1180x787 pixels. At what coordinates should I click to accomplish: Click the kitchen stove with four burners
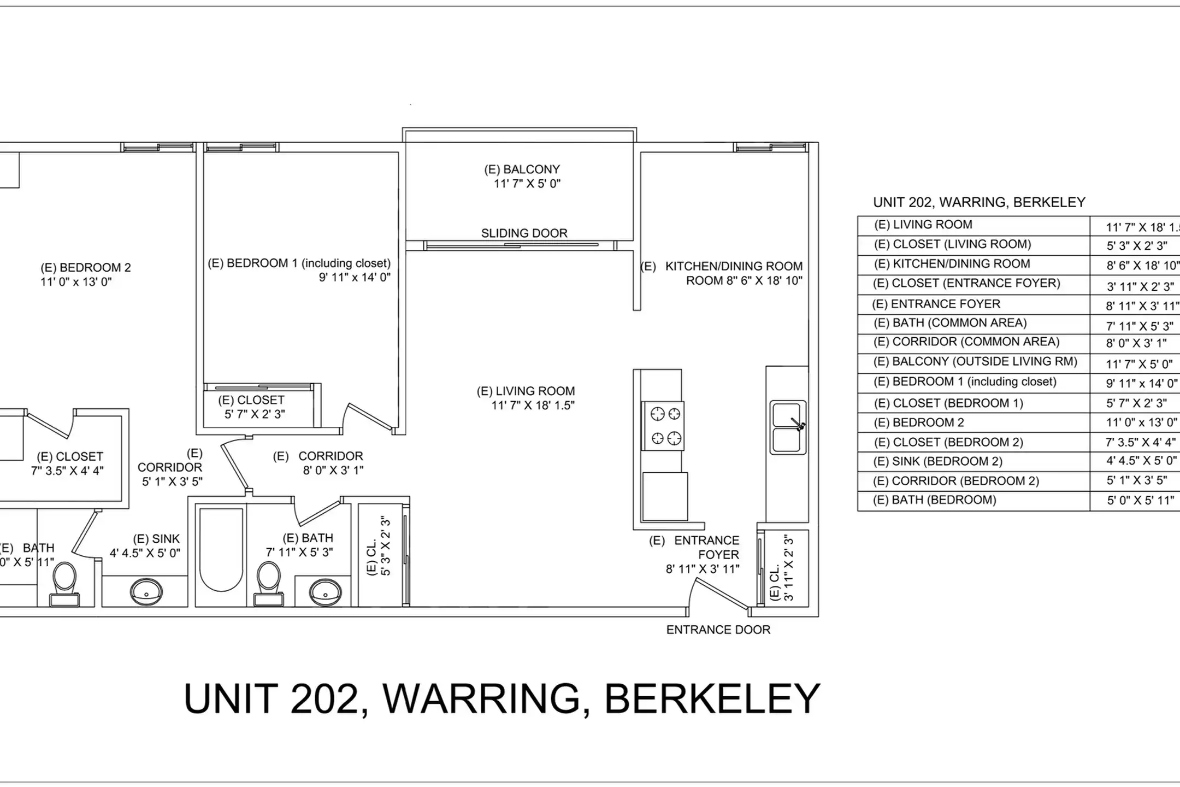(x=663, y=426)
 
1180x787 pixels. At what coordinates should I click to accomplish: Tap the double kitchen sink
(x=788, y=427)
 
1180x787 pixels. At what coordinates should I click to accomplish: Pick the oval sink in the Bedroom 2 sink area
(x=146, y=591)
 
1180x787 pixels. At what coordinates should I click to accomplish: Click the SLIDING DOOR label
(x=524, y=233)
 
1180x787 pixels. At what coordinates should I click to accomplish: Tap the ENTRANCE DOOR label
(x=718, y=630)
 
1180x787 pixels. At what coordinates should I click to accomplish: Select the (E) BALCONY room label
(x=522, y=169)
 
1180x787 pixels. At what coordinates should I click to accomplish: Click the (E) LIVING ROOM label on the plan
(x=526, y=391)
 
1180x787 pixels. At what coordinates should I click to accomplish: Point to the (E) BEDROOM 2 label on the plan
(x=86, y=268)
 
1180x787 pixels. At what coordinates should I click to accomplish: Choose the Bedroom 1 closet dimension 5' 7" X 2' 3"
(x=255, y=414)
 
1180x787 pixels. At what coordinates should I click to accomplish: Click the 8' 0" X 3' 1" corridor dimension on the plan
(x=333, y=470)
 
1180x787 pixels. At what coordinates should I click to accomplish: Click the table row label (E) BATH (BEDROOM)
(x=935, y=500)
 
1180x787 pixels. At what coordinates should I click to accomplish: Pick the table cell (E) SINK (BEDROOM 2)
(x=937, y=461)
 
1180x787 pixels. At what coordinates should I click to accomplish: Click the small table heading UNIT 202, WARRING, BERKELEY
(x=979, y=202)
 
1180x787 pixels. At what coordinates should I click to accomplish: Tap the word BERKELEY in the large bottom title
(x=712, y=698)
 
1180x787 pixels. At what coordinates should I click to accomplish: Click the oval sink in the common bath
(x=326, y=591)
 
